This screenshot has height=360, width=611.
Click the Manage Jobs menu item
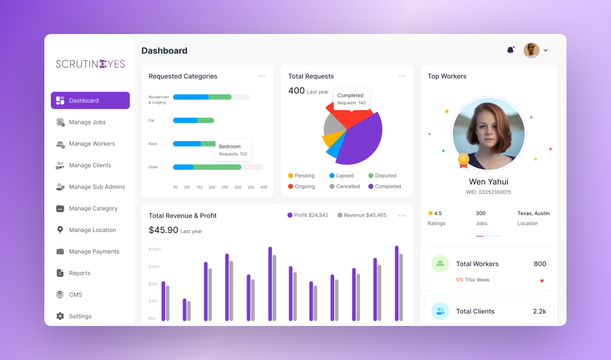coord(81,122)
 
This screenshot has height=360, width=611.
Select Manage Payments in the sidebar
coord(88,252)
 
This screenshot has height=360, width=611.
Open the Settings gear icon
coord(60,316)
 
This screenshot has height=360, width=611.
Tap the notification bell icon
coord(510,50)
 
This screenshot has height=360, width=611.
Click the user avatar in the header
coord(531,50)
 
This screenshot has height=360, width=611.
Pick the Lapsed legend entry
coord(341,176)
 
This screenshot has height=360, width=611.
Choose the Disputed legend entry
coord(382,176)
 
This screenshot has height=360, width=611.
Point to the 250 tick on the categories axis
coord(225,188)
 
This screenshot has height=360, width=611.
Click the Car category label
coord(151,121)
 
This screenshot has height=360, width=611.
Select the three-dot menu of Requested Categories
coord(262,76)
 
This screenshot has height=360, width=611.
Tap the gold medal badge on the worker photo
coord(463,160)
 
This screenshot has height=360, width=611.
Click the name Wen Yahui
coord(489,182)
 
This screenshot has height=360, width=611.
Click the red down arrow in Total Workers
coord(542,280)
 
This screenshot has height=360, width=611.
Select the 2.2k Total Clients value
coord(540,311)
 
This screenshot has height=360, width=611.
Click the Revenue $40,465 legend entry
coord(362,215)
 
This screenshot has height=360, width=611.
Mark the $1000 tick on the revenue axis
coord(154,267)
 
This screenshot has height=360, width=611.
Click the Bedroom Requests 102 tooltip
coord(233,150)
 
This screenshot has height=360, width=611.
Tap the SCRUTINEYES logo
coord(90,64)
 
